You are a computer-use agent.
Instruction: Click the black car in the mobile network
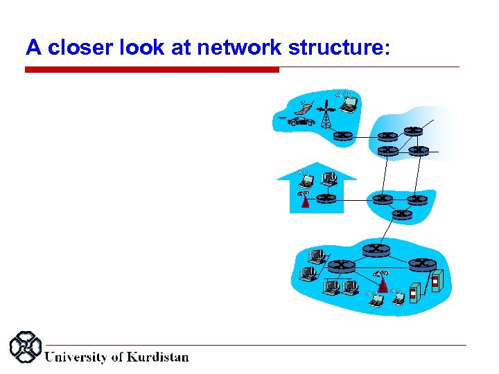coord(301,121)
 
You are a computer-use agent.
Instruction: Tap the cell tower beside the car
coord(325,114)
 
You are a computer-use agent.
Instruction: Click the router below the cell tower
coord(343,136)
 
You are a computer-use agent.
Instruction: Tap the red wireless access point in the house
coord(305,202)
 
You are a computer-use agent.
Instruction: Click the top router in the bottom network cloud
coord(375,249)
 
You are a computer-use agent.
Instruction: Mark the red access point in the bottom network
coord(382,284)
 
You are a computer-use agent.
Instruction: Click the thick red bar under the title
coord(152,69)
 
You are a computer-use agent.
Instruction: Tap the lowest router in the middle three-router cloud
coord(401,215)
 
